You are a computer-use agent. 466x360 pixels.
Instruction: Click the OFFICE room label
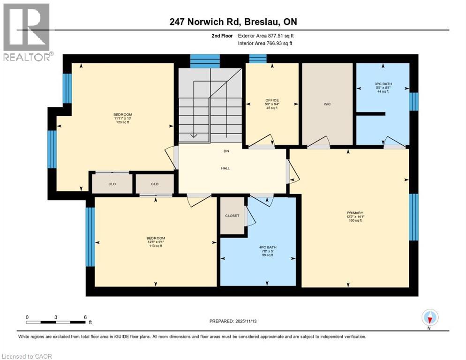click(x=272, y=100)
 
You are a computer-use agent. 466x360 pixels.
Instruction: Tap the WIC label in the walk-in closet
click(x=327, y=104)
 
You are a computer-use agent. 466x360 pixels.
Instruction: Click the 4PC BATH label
click(x=266, y=247)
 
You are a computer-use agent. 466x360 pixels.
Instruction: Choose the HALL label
click(x=225, y=168)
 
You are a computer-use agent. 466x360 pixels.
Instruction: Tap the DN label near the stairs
click(x=225, y=151)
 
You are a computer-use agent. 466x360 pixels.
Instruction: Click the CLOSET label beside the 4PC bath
click(x=232, y=216)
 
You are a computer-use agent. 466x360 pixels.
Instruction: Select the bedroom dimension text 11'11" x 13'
click(x=122, y=119)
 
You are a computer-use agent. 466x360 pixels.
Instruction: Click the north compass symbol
click(x=430, y=318)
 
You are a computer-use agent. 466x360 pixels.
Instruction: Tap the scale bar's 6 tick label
click(x=85, y=317)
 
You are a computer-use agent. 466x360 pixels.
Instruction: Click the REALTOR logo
click(x=27, y=32)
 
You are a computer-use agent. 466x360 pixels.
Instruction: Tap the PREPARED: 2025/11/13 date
click(x=233, y=321)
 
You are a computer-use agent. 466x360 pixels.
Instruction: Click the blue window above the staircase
click(x=205, y=61)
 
